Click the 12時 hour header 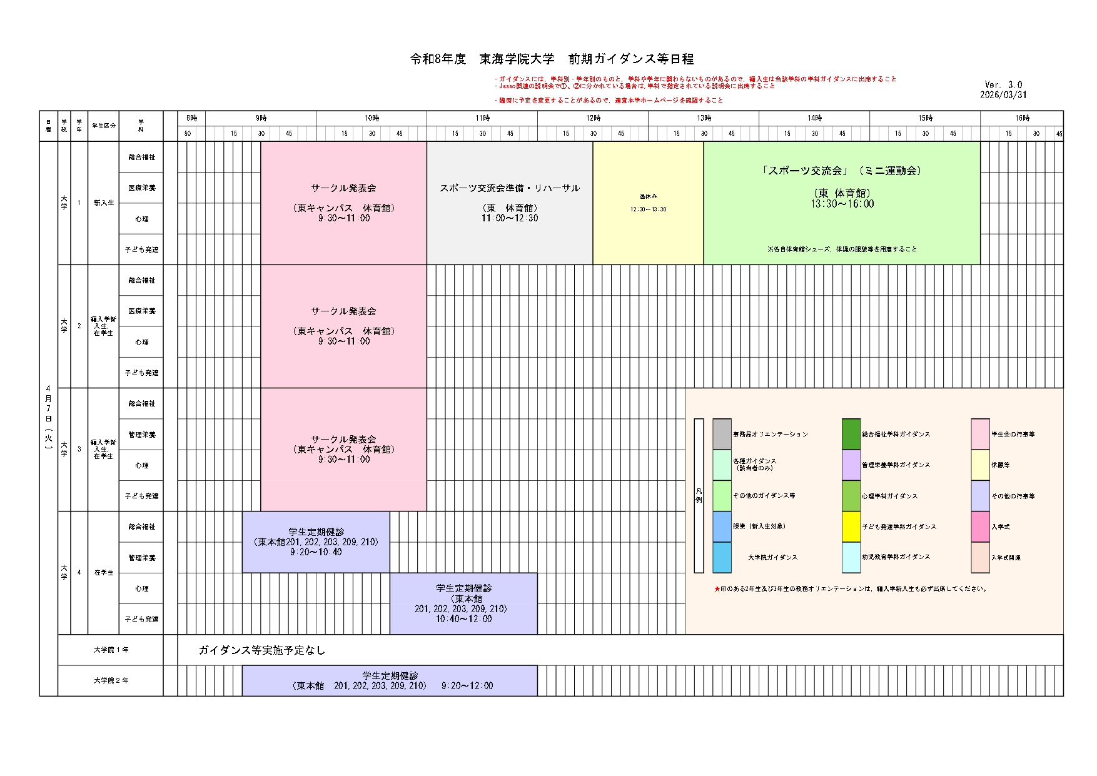coord(593,118)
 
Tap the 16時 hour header coord(1022,118)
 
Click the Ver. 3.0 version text coord(1003,85)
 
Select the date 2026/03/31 coord(1003,95)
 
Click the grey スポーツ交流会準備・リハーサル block coord(510,203)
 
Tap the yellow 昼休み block coord(648,203)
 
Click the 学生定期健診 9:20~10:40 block coord(316,542)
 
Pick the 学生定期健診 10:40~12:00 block coord(463,603)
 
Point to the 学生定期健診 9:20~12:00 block coord(390,680)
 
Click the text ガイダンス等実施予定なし coord(262,650)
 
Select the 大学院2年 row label coord(111,680)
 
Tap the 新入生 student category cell coord(104,203)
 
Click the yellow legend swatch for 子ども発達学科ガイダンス coord(851,527)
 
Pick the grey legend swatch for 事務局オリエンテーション coord(722,434)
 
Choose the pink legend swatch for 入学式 coord(980,527)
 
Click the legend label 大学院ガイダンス coord(772,557)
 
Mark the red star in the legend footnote coord(717,589)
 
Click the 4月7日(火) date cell coord(48,418)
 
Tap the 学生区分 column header coord(104,126)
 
